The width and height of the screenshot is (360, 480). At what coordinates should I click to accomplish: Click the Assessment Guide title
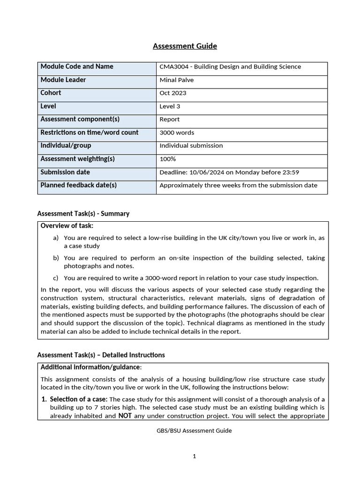click(x=185, y=46)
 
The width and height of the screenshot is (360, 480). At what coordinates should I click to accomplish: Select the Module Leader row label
click(x=63, y=80)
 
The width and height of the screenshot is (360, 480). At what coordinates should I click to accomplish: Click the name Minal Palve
click(x=176, y=80)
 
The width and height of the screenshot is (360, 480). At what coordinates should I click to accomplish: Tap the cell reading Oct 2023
click(x=173, y=93)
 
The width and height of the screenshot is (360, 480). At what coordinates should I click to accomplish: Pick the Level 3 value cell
click(x=170, y=106)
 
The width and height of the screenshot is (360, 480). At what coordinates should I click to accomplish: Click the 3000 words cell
click(x=177, y=133)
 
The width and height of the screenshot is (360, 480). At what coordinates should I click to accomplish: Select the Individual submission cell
click(x=191, y=146)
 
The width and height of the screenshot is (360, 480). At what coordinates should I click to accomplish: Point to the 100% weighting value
click(x=168, y=159)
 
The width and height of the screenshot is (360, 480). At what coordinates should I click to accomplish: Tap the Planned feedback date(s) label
click(x=79, y=185)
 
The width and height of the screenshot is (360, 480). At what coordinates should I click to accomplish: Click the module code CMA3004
click(x=173, y=67)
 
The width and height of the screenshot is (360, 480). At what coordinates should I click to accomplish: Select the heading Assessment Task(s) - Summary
click(x=83, y=214)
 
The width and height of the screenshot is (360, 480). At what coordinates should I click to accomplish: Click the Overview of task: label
click(x=67, y=226)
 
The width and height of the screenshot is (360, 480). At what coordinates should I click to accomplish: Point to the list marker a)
click(x=56, y=238)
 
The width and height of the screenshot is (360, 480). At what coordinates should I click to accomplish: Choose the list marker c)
click(x=56, y=278)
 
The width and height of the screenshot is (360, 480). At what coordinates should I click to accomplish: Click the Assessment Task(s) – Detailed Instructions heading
click(x=101, y=355)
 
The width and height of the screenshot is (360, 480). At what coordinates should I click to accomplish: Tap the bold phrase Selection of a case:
click(x=79, y=399)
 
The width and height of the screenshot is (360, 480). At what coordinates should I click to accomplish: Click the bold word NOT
click(x=125, y=415)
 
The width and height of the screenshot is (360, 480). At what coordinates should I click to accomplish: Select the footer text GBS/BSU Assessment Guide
click(x=194, y=431)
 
